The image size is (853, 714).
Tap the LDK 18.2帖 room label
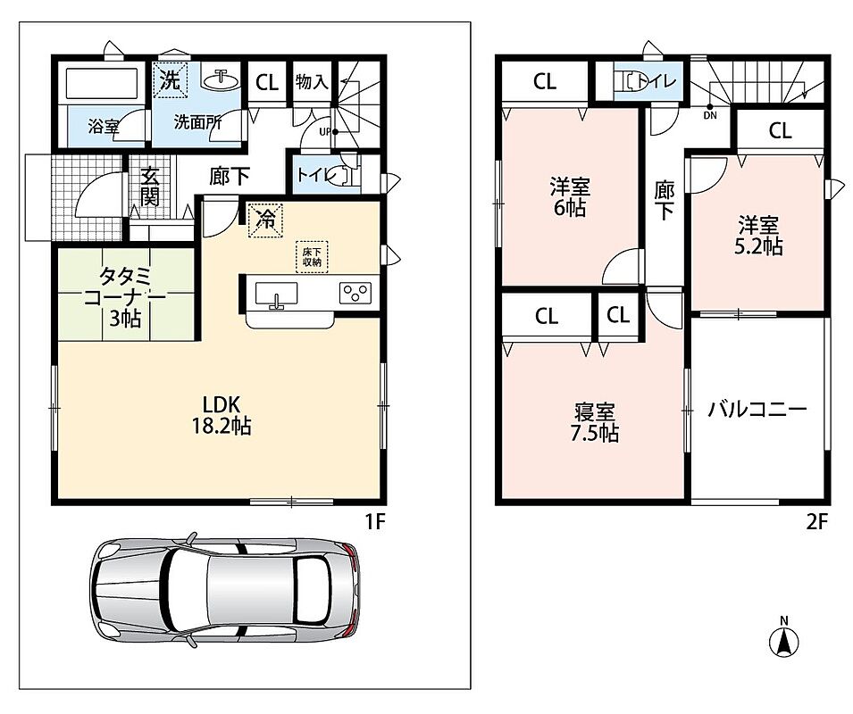pos(222,415)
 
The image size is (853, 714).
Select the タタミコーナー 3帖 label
pos(125,297)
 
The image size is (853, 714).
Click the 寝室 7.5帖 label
pos(595,423)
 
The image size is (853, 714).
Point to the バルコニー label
pos(757,409)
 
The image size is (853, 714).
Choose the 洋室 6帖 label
pos(570,197)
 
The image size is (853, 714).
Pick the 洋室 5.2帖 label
pos(758,236)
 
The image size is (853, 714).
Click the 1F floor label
pos(375,522)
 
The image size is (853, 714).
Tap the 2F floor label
pos(816,522)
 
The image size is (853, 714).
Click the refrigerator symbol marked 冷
pos(266,220)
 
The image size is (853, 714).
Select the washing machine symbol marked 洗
pos(171,80)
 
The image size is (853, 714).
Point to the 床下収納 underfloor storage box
pos(312,256)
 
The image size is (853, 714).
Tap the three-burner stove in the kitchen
pos(355,293)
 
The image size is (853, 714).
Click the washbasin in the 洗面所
pos(222,79)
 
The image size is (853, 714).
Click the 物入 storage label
pos(312,82)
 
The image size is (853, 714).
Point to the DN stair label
pos(710,115)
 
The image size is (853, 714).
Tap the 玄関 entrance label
pos(149,186)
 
